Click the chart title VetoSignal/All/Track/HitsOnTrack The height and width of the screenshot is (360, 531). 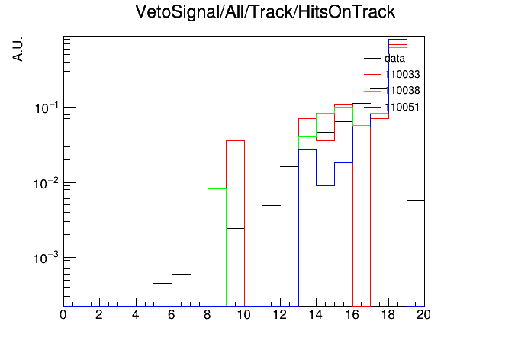click(265, 12)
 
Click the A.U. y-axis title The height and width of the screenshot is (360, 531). click(18, 49)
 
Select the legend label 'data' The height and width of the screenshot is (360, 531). click(394, 59)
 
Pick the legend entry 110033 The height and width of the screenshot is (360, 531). click(402, 75)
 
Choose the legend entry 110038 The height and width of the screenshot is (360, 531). click(402, 91)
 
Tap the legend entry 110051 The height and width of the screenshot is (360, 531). click(402, 107)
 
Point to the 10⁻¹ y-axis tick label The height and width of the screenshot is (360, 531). click(47, 108)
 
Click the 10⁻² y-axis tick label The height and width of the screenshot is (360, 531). click(47, 184)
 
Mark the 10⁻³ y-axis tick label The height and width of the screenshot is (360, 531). click(47, 259)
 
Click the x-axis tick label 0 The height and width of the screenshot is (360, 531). click(63, 315)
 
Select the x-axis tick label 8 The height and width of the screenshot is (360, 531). click(208, 315)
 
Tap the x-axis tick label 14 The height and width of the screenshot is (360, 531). click(316, 315)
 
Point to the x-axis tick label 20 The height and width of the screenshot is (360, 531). click(423, 315)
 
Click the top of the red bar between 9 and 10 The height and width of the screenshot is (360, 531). click(235, 140)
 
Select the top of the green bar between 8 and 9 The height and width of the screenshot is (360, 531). click(217, 188)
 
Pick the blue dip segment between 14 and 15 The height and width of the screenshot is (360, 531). click(326, 185)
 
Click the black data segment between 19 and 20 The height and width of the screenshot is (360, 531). click(416, 200)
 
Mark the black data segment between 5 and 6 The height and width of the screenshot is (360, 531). click(163, 283)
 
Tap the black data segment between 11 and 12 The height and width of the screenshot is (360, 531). click(272, 205)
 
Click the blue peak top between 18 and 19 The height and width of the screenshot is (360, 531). click(397, 40)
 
